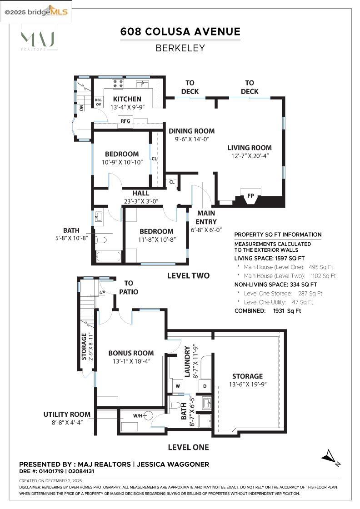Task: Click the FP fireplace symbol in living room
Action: (250, 196)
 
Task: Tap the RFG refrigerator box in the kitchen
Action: (125, 121)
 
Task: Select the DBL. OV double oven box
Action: (98, 102)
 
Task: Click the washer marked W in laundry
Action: (177, 385)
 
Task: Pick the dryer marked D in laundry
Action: (205, 385)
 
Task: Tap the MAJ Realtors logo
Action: (38, 39)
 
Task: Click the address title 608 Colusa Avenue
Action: (180, 31)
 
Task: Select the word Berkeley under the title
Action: (180, 48)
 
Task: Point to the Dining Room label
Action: (191, 131)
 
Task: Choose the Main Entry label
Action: (206, 217)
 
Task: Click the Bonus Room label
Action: (131, 353)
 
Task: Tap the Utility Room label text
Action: (67, 414)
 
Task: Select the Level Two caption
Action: (188, 275)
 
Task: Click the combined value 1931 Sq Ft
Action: (287, 311)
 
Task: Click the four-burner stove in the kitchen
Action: (118, 84)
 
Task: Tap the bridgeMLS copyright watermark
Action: (36, 11)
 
